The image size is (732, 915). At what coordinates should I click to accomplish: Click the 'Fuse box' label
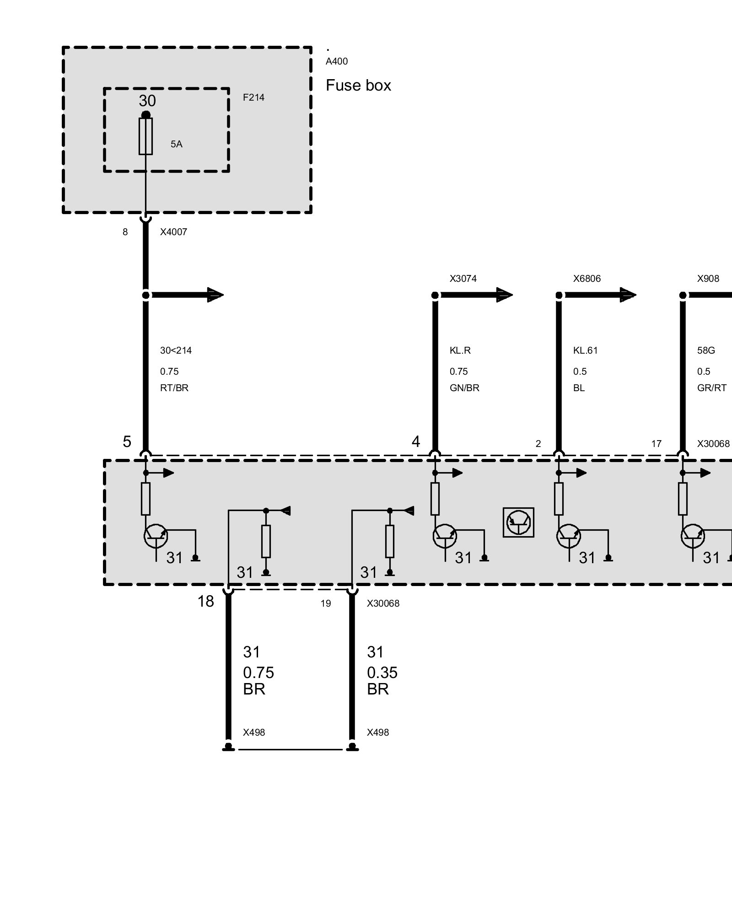click(x=358, y=86)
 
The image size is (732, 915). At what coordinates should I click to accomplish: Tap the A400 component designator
click(x=337, y=61)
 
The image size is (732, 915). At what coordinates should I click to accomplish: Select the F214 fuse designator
click(x=253, y=97)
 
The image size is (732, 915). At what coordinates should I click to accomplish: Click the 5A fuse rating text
click(x=177, y=144)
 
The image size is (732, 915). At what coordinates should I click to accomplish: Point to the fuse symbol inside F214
click(x=145, y=136)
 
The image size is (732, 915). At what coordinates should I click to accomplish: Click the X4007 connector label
click(x=173, y=232)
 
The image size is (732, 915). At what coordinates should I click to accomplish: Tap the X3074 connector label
click(x=463, y=279)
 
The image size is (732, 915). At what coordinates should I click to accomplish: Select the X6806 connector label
click(x=587, y=279)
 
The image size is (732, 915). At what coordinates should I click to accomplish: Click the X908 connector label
click(x=708, y=279)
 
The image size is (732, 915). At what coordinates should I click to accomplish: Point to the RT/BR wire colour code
click(x=174, y=388)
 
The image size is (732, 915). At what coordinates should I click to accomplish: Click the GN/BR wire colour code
click(x=464, y=388)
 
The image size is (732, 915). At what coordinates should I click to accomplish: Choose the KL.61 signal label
click(x=586, y=350)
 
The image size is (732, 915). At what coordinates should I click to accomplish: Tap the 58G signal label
click(x=706, y=350)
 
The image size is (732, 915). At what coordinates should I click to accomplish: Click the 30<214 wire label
click(x=176, y=350)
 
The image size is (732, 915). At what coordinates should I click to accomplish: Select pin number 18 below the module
click(x=205, y=601)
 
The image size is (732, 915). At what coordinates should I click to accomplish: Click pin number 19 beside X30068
click(x=325, y=603)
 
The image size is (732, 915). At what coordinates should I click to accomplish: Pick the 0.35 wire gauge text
click(x=382, y=673)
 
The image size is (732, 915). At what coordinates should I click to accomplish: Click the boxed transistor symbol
click(x=518, y=522)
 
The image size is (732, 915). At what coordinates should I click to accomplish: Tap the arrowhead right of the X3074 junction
click(x=504, y=295)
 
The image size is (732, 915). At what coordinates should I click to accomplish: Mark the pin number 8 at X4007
click(x=125, y=232)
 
